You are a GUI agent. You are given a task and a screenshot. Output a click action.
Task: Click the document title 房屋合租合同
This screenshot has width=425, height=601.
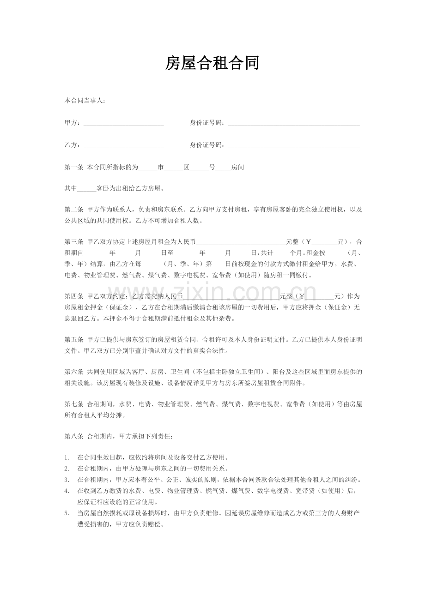tap(212, 63)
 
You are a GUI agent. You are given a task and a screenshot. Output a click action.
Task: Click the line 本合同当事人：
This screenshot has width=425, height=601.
tap(85, 100)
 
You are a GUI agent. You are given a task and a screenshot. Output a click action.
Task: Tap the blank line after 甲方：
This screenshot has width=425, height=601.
tap(123, 123)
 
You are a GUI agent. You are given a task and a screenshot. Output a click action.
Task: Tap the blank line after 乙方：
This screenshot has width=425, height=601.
tap(123, 145)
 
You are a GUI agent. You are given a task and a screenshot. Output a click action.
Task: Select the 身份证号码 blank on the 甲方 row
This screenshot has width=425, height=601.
tap(294, 123)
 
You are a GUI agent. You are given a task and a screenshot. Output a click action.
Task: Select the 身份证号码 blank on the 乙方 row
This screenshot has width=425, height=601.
tap(294, 145)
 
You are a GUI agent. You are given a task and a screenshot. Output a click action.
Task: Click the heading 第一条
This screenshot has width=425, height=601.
tap(73, 168)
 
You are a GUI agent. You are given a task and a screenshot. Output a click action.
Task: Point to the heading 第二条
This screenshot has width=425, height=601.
tap(73, 210)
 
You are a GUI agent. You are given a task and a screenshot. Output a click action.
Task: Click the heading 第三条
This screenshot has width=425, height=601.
tap(73, 242)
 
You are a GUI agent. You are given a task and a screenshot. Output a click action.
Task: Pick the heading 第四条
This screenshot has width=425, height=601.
tap(73, 296)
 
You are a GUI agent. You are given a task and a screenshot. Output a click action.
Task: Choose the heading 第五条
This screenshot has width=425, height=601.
tap(73, 340)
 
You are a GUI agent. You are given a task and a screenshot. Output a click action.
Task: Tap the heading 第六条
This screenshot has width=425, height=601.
tap(73, 372)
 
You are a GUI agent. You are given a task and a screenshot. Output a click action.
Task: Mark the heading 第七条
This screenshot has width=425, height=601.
tap(73, 404)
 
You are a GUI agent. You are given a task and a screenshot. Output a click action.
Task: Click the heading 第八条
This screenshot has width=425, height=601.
tap(73, 436)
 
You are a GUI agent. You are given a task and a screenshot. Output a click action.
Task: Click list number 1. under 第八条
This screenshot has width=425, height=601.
tap(67, 458)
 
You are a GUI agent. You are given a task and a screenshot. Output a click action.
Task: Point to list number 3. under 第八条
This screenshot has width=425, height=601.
tap(67, 480)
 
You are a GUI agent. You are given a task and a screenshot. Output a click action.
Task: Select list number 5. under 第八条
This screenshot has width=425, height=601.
tap(67, 513)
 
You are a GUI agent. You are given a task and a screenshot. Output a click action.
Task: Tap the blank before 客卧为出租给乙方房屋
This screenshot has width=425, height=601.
tap(87, 189)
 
